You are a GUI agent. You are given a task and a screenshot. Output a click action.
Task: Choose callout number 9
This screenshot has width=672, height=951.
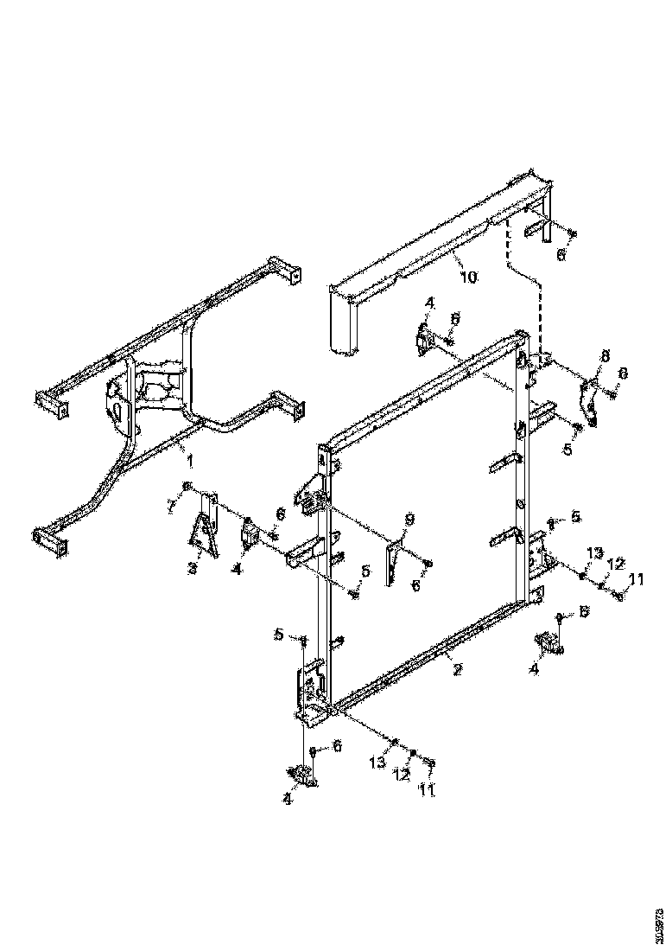click(x=409, y=519)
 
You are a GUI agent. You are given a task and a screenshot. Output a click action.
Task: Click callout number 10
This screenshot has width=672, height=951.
click(x=467, y=277)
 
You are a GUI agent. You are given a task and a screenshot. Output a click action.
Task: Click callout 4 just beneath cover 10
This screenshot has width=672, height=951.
click(x=429, y=303)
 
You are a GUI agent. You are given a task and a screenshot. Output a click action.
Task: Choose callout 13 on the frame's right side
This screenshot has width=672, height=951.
click(x=594, y=552)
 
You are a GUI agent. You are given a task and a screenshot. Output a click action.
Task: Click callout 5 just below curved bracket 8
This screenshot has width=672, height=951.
click(x=567, y=450)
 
